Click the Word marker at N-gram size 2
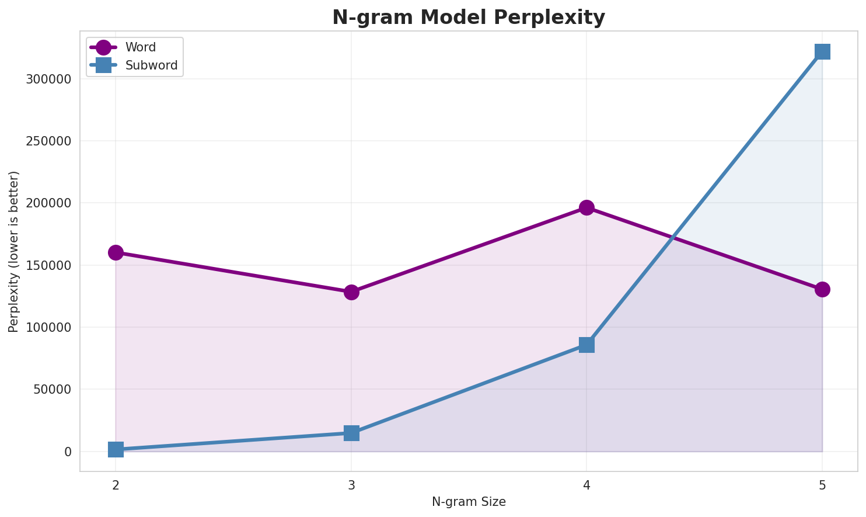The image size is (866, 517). point(116,252)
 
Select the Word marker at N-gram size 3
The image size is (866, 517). point(351,292)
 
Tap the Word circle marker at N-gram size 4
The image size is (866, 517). point(586,207)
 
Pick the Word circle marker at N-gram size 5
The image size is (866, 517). point(822,289)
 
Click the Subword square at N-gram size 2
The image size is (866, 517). point(116,449)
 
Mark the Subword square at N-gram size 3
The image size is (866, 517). point(351,433)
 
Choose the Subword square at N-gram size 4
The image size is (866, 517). point(586,345)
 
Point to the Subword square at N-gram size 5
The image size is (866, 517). point(822,51)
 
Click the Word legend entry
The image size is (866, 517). point(140,47)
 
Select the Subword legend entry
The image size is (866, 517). point(151,65)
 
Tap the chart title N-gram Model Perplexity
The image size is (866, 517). point(469,18)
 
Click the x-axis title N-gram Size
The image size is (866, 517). point(469,502)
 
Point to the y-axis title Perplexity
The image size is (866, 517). point(14,251)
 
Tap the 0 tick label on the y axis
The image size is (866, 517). point(68,452)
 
